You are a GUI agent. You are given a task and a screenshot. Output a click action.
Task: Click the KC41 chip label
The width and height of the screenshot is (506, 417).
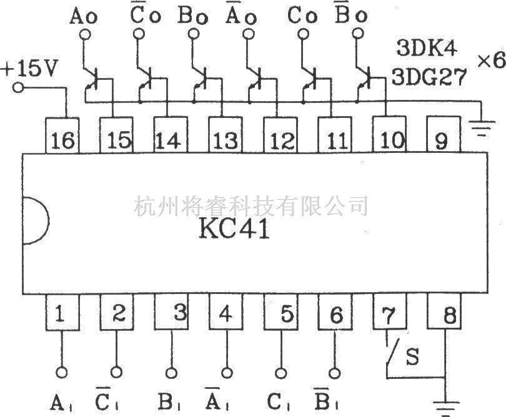point(234,229)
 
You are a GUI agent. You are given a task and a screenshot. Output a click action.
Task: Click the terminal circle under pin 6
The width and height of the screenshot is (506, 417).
point(335,373)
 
